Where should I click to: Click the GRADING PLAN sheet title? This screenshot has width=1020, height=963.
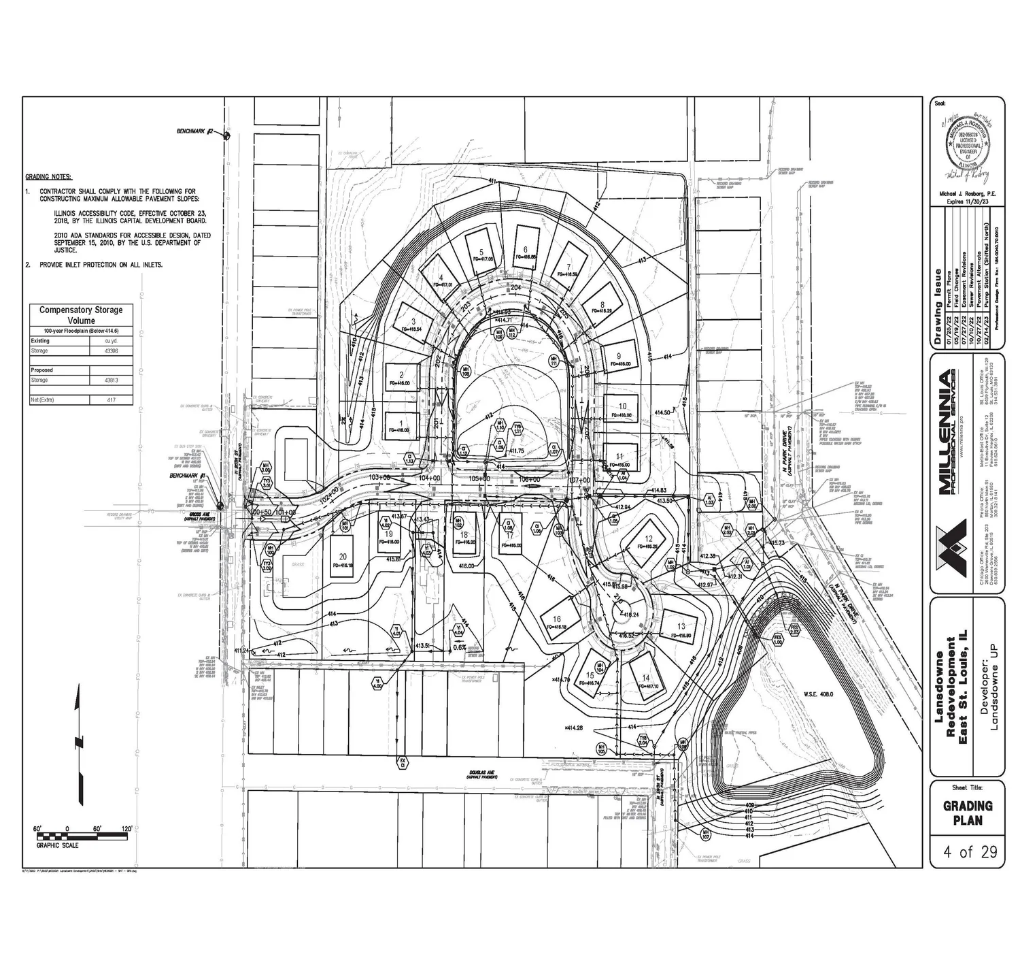(x=967, y=813)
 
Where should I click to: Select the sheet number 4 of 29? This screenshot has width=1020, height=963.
(x=967, y=851)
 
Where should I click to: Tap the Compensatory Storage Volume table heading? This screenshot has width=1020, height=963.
(x=81, y=314)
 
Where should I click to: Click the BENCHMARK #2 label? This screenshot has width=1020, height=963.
(x=195, y=131)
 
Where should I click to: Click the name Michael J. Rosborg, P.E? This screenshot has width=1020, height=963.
(x=967, y=194)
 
